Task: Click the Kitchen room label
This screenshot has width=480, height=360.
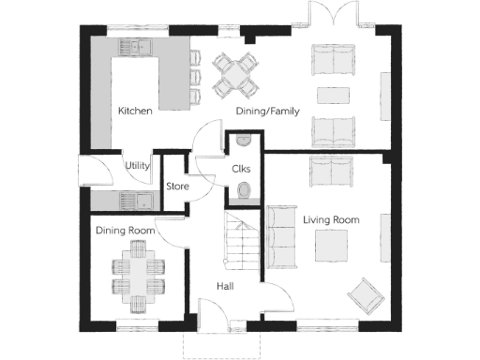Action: [135, 111]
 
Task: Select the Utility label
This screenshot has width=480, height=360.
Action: [138, 165]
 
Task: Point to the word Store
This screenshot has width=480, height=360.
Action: [177, 187]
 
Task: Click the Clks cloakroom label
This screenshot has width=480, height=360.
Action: [241, 169]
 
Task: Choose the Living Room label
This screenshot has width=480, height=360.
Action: [331, 219]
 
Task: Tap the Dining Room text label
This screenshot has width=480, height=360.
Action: [125, 230]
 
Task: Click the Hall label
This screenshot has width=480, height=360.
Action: [225, 286]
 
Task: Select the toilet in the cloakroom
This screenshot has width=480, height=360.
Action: [243, 192]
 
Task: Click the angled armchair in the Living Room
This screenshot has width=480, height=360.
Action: [365, 292]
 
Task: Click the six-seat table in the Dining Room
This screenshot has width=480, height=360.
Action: [137, 272]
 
